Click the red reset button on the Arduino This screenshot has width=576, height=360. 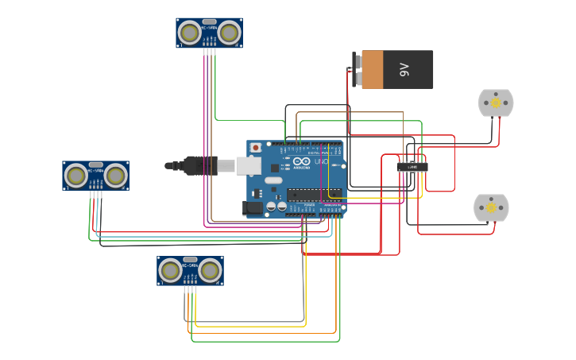pyautogui.click(x=255, y=148)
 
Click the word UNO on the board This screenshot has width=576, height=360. pyautogui.click(x=321, y=161)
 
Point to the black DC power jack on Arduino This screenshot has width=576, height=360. pyautogui.click(x=252, y=207)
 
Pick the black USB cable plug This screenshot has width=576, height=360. pyautogui.click(x=199, y=165)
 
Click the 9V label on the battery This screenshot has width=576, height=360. pyautogui.click(x=404, y=70)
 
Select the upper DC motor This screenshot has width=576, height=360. pyautogui.click(x=496, y=103)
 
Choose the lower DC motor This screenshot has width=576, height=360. pyautogui.click(x=491, y=207)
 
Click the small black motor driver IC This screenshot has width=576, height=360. pyautogui.click(x=412, y=167)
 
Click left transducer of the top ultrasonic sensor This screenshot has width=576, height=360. pyautogui.click(x=189, y=33)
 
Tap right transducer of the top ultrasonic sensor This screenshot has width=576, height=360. pyautogui.click(x=230, y=33)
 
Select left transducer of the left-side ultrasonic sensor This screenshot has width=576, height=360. pyautogui.click(x=76, y=176)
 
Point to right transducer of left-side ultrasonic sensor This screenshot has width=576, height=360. pyautogui.click(x=116, y=176)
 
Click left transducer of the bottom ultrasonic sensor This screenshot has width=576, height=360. pyautogui.click(x=170, y=271)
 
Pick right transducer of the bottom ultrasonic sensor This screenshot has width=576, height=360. pyautogui.click(x=210, y=271)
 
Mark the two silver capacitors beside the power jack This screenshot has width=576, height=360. pyautogui.click(x=276, y=207)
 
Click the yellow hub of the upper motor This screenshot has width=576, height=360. pyautogui.click(x=496, y=103)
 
